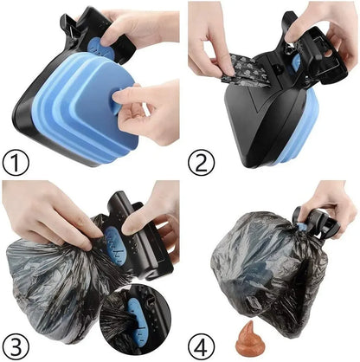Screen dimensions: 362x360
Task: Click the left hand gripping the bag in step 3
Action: click(43, 217)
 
